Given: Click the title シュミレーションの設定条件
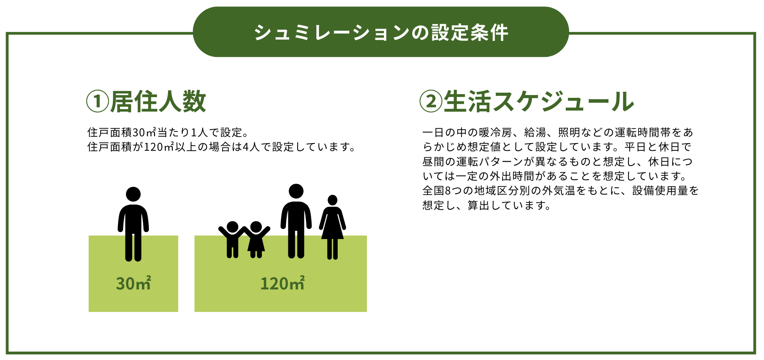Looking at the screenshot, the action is tap(381, 32).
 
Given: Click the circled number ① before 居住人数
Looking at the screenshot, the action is tap(97, 101).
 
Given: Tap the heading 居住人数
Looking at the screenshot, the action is tap(158, 101).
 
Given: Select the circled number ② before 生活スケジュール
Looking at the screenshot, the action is tap(431, 101).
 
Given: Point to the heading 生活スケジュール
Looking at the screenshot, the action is tap(539, 101).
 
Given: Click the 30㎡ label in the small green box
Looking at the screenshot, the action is tap(134, 283).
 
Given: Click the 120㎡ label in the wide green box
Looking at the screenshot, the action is tap(282, 283).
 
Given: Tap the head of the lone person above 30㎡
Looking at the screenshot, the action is tap(133, 194).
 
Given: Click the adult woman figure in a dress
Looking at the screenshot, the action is tap(332, 227).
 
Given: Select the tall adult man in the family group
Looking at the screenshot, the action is tap(296, 221).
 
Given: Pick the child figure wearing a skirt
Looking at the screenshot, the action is tap(256, 239).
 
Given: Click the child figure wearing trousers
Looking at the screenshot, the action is tap(232, 239).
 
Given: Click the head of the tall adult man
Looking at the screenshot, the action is tap(296, 191).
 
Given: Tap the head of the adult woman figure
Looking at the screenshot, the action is tap(332, 200).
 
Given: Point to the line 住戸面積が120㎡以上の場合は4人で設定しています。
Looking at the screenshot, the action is tap(222, 147).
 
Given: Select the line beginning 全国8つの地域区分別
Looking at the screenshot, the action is tap(561, 191).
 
